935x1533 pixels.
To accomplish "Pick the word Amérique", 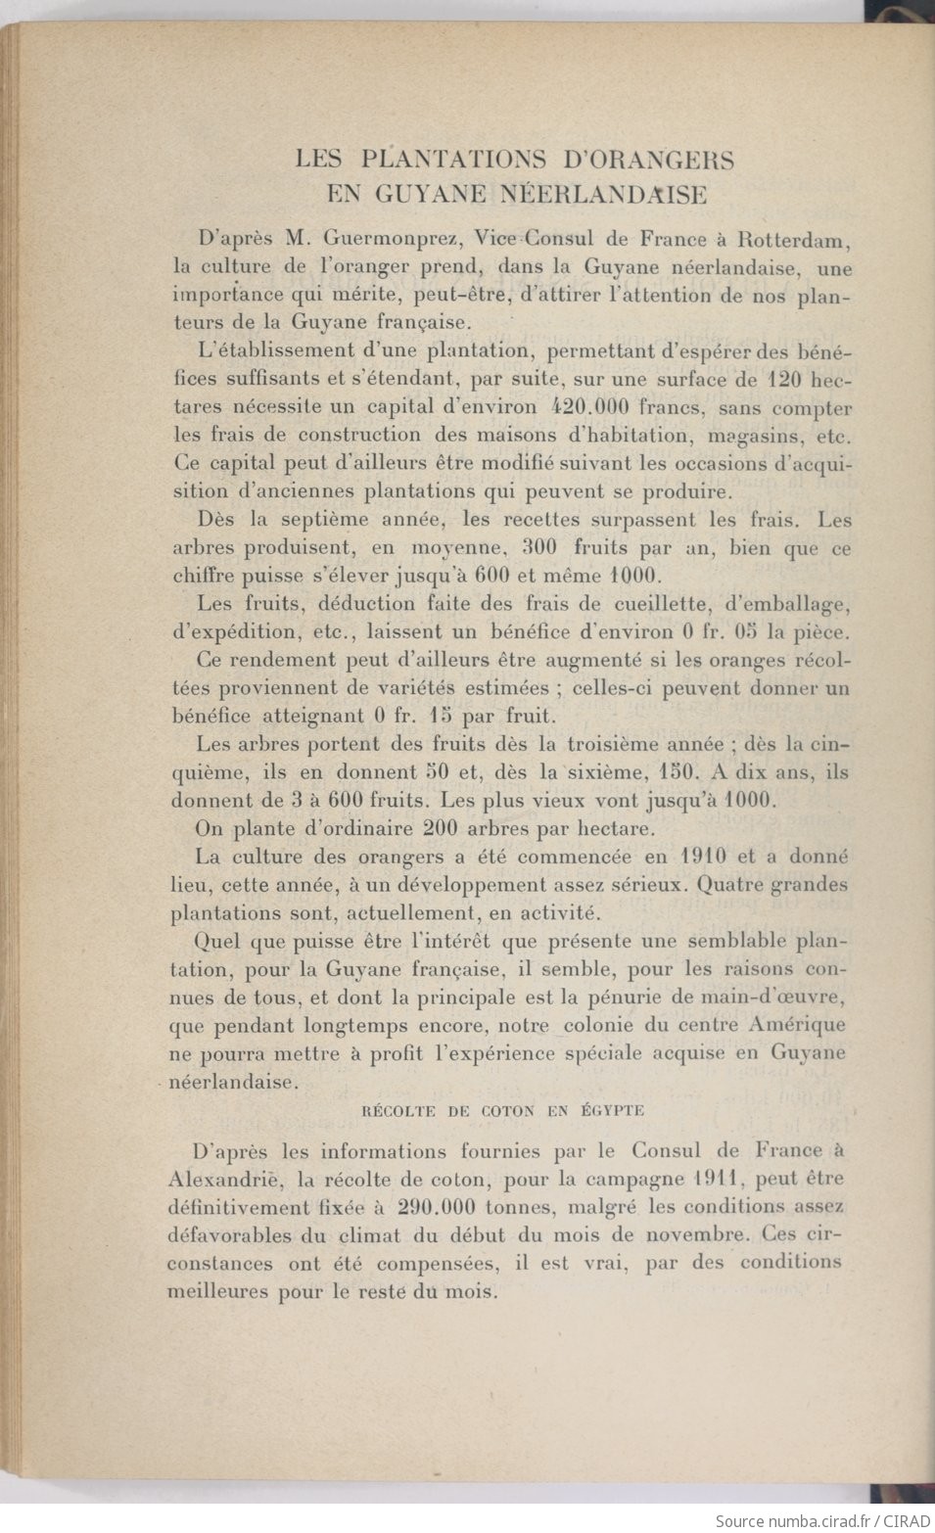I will [x=795, y=1026].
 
